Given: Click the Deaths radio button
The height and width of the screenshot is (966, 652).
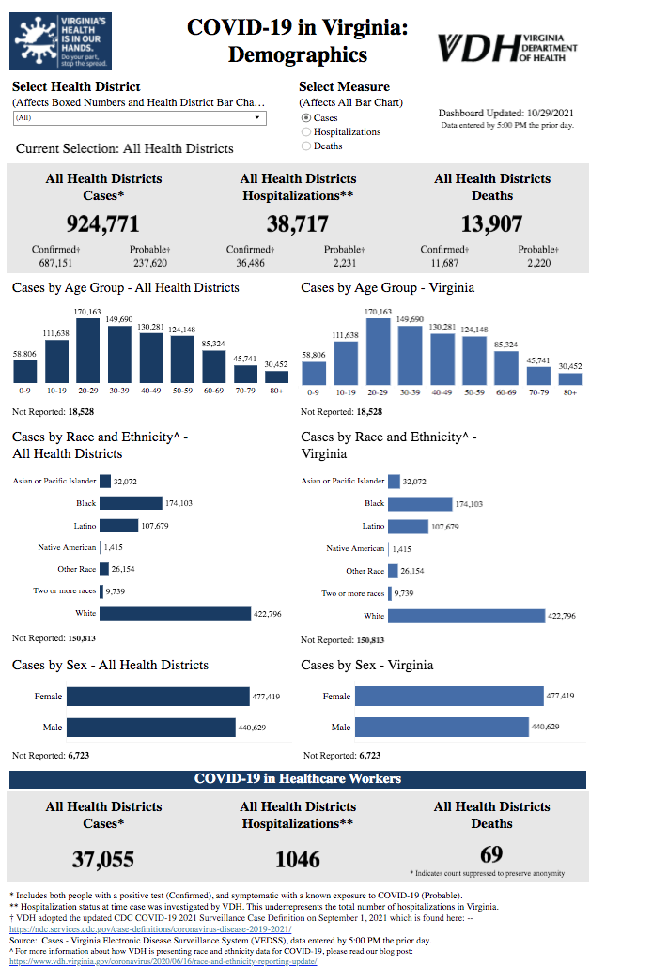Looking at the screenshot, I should tap(306, 146).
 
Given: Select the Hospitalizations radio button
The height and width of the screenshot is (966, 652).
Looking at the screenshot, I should tap(306, 131).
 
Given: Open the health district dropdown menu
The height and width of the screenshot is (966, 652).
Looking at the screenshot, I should tap(140, 118).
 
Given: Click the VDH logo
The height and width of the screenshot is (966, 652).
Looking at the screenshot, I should tap(507, 46).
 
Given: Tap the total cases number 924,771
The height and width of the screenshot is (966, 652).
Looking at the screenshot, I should tap(103, 223).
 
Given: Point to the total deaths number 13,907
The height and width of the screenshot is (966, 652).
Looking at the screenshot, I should tap(491, 223).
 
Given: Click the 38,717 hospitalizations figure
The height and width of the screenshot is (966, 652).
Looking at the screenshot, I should tap(298, 223).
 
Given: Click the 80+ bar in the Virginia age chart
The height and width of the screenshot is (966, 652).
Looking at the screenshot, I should tap(570, 378).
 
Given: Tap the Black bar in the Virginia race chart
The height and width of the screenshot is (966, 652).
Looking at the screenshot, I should tap(420, 504).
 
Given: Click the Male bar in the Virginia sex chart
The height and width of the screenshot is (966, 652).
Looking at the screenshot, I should tap(442, 727).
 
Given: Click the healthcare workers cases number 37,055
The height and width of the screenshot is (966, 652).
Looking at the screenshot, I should tap(103, 858).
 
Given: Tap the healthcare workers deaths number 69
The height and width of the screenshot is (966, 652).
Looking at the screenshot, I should tap(491, 854).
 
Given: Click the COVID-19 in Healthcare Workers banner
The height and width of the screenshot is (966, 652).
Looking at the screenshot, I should tap(298, 779).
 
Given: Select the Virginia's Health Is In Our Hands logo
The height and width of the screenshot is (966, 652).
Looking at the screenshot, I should tap(60, 41).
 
